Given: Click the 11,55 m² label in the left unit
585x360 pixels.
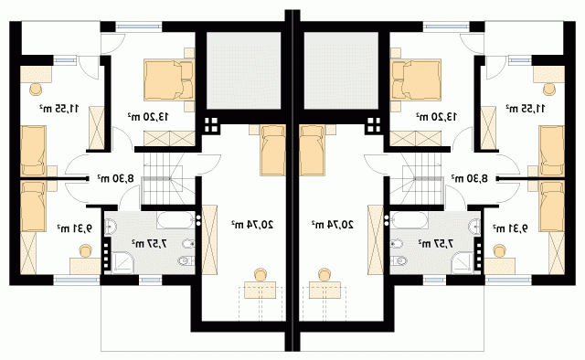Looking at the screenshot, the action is [x=58, y=109].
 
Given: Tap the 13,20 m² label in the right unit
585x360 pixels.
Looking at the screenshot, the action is [x=437, y=117].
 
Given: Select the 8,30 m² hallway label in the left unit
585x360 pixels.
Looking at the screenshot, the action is [x=115, y=178].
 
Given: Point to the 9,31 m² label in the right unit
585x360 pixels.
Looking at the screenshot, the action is [x=510, y=228].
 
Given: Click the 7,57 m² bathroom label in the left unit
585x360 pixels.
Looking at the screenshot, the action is [x=149, y=244].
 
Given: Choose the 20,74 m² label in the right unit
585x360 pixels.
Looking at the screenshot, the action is [x=333, y=225].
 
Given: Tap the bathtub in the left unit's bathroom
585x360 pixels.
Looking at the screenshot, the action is [x=175, y=220].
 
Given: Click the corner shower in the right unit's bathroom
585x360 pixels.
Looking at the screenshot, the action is [x=462, y=262].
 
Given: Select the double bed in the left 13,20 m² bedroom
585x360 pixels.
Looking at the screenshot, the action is [x=169, y=79].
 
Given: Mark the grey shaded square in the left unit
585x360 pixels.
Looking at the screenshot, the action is [x=243, y=70].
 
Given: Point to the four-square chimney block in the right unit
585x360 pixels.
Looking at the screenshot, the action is [x=374, y=125].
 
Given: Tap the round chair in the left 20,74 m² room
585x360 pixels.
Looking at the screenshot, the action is [x=260, y=275].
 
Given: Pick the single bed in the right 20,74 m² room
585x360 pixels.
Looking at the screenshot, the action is [x=312, y=150].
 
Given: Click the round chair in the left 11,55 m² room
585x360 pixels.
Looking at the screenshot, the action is [x=36, y=90].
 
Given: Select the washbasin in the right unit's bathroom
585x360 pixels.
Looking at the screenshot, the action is [x=474, y=227].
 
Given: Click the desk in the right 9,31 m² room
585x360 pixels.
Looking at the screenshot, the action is [x=500, y=267].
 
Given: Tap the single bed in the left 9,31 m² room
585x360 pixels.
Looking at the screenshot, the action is [x=33, y=206].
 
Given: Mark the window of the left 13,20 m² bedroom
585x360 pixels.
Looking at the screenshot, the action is [x=138, y=26].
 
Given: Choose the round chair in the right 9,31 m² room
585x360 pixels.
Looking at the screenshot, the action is [x=499, y=251].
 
